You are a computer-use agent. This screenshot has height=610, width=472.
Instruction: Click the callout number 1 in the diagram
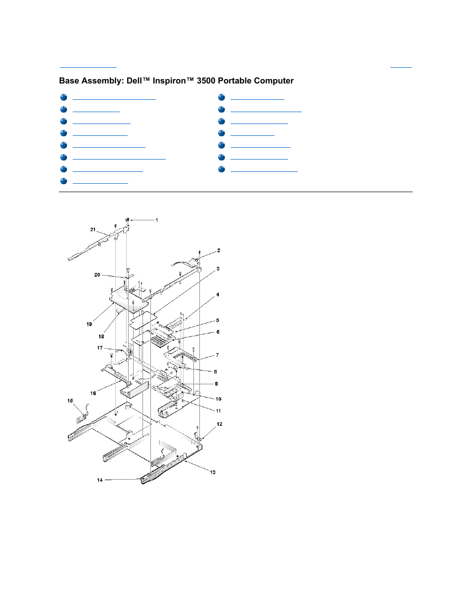click(157, 220)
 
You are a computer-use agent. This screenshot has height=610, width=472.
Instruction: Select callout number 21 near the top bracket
click(93, 230)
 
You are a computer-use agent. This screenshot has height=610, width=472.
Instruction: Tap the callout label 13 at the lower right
click(213, 472)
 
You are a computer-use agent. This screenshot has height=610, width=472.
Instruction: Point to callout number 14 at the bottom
click(100, 480)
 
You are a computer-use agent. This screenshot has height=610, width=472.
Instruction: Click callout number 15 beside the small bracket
click(70, 401)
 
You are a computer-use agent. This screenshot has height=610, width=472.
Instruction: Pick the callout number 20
click(97, 275)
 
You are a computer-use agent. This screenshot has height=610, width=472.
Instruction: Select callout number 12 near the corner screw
click(220, 424)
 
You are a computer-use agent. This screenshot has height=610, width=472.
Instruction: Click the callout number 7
click(217, 355)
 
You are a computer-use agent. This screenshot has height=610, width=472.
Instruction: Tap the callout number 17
click(100, 348)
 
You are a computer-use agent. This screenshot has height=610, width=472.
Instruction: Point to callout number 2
click(219, 250)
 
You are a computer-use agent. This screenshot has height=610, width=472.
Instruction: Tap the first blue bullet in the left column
click(63, 97)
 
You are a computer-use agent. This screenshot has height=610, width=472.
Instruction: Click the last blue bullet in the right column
click(222, 169)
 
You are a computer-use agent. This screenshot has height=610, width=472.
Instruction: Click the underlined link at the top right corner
click(401, 66)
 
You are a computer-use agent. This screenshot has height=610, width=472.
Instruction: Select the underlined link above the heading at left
click(88, 66)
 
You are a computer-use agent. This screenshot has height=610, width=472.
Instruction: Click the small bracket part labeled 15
click(82, 414)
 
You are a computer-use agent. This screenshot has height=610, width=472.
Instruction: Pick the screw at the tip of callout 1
click(127, 220)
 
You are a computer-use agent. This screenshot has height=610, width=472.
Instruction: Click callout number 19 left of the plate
click(89, 324)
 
